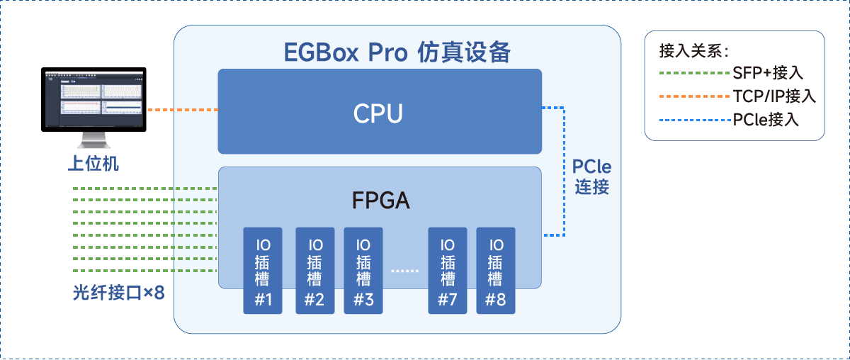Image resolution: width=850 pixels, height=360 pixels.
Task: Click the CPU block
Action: pyautogui.click(x=379, y=111)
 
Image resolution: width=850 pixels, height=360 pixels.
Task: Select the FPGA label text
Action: pyautogui.click(x=380, y=201)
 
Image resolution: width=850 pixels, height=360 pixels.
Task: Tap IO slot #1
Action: pyautogui.click(x=263, y=271)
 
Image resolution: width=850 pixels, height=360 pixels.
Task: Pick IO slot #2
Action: pyautogui.click(x=314, y=271)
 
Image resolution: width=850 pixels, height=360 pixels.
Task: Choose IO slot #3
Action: pyautogui.click(x=363, y=271)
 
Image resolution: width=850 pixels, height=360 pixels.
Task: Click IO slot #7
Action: pyautogui.click(x=448, y=271)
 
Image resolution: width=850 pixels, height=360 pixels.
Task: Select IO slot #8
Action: pyautogui.click(x=496, y=271)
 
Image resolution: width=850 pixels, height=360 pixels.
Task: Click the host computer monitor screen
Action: pyautogui.click(x=93, y=99)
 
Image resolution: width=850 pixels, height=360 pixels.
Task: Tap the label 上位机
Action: pyautogui.click(x=93, y=164)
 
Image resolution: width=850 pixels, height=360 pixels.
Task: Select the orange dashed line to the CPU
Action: pyautogui.click(x=181, y=110)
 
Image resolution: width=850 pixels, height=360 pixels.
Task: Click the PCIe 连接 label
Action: pyautogui.click(x=591, y=177)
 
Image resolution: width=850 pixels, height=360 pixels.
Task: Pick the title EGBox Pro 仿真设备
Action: pyautogui.click(x=397, y=52)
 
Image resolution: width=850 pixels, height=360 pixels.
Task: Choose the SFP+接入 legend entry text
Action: pyautogui.click(x=769, y=73)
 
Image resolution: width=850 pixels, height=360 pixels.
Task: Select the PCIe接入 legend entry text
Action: pyautogui.click(x=766, y=120)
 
